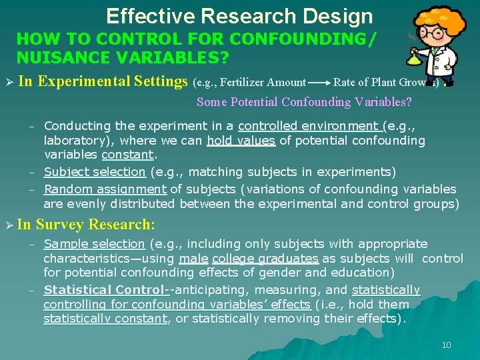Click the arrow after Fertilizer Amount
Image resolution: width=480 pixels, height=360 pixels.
coord(319,83)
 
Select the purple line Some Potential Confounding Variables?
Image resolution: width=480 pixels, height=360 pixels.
coord(304,102)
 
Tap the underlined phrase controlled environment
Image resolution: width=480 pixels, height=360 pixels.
coord(309,126)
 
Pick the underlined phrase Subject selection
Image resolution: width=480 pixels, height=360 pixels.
coord(95,172)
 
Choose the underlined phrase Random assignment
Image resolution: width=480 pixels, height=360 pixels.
coord(106,189)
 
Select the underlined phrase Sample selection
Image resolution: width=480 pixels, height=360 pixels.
coord(94,244)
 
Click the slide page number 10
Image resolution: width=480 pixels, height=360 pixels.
coord(446,345)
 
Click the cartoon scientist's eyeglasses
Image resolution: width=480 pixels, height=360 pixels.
coord(434,33)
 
